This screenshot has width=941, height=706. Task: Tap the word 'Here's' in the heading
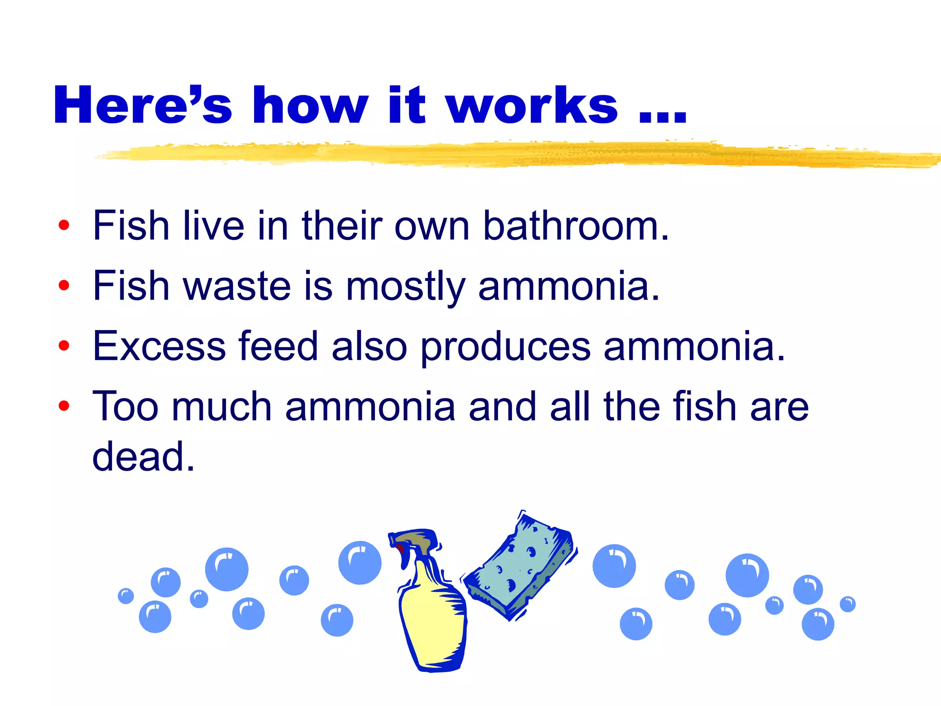click(142, 106)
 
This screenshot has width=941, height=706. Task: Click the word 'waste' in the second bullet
click(237, 286)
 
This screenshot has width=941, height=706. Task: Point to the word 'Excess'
click(159, 346)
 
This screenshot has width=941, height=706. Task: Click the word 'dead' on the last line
click(142, 456)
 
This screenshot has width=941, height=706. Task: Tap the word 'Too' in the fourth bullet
click(125, 406)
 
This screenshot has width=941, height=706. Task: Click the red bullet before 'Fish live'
click(64, 225)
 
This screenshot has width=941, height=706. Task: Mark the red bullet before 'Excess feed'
click(64, 346)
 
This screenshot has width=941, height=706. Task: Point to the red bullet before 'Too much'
click(64, 406)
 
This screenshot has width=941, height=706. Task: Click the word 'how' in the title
click(310, 106)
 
